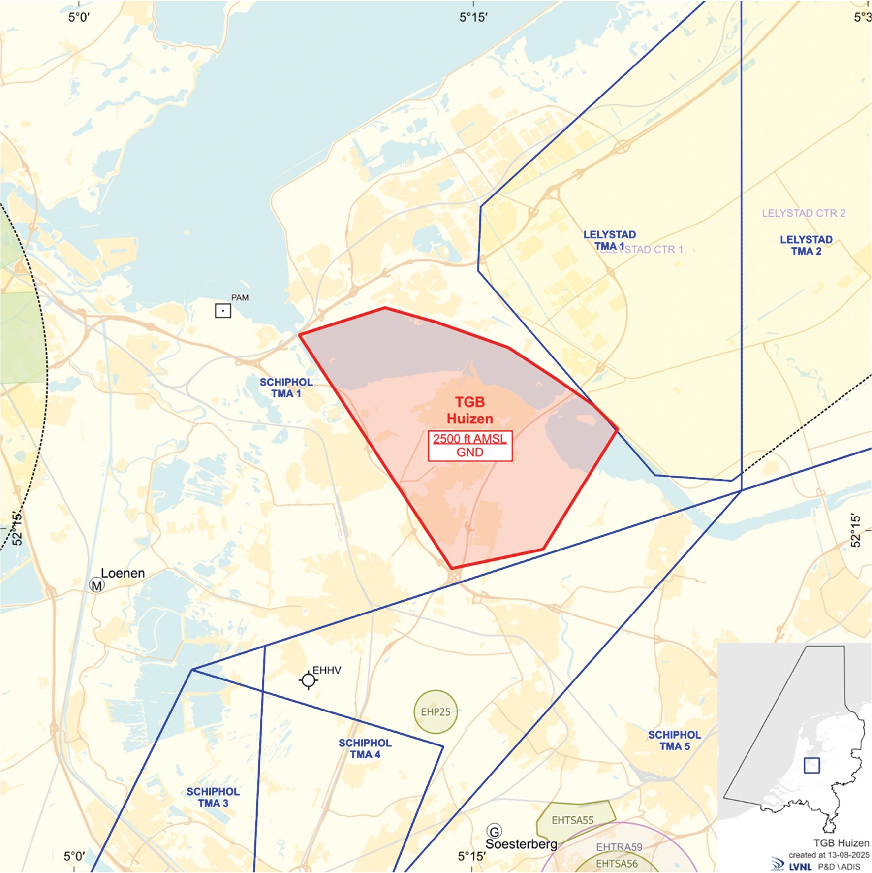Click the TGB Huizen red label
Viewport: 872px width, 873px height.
(469, 410)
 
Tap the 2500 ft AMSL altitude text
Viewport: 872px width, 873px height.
(469, 439)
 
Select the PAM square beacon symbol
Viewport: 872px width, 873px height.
(223, 311)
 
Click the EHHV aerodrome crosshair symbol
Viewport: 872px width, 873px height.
(309, 680)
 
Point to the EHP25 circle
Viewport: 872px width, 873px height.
(436, 711)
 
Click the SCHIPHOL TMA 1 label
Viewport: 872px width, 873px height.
(286, 388)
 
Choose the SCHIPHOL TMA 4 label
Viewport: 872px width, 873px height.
(365, 748)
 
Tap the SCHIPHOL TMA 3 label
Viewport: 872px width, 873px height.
(213, 797)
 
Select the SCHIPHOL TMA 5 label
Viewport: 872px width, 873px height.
(674, 740)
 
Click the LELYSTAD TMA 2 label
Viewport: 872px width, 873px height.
(806, 245)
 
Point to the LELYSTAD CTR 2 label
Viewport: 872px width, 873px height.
(804, 213)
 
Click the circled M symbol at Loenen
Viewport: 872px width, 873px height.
(97, 585)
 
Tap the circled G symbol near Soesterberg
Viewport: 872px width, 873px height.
(494, 831)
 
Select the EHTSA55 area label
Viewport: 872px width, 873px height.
(572, 820)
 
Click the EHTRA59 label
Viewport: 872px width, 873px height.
(619, 847)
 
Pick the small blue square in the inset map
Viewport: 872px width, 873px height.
(811, 766)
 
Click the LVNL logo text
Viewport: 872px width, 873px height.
(800, 867)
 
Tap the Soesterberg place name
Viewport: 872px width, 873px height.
(521, 844)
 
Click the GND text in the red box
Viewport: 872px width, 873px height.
(469, 453)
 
